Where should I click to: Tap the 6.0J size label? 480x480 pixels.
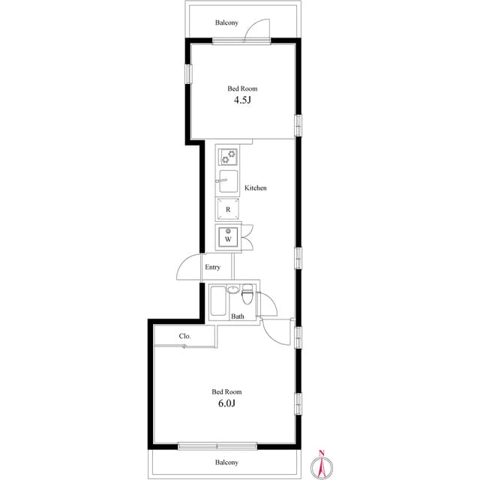(226, 403)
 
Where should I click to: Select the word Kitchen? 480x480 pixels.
(256, 187)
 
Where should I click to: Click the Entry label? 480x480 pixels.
(212, 267)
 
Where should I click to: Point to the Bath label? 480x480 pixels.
(238, 316)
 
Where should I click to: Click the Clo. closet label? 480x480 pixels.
(184, 337)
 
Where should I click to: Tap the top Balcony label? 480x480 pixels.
(226, 22)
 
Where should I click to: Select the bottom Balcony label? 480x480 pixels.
(226, 463)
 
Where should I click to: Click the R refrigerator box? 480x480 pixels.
(228, 209)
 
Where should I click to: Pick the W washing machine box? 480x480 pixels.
(228, 238)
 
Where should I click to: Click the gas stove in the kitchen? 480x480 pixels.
(228, 157)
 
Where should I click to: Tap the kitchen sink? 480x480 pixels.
(228, 181)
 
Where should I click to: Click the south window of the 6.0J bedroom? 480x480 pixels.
(217, 446)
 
